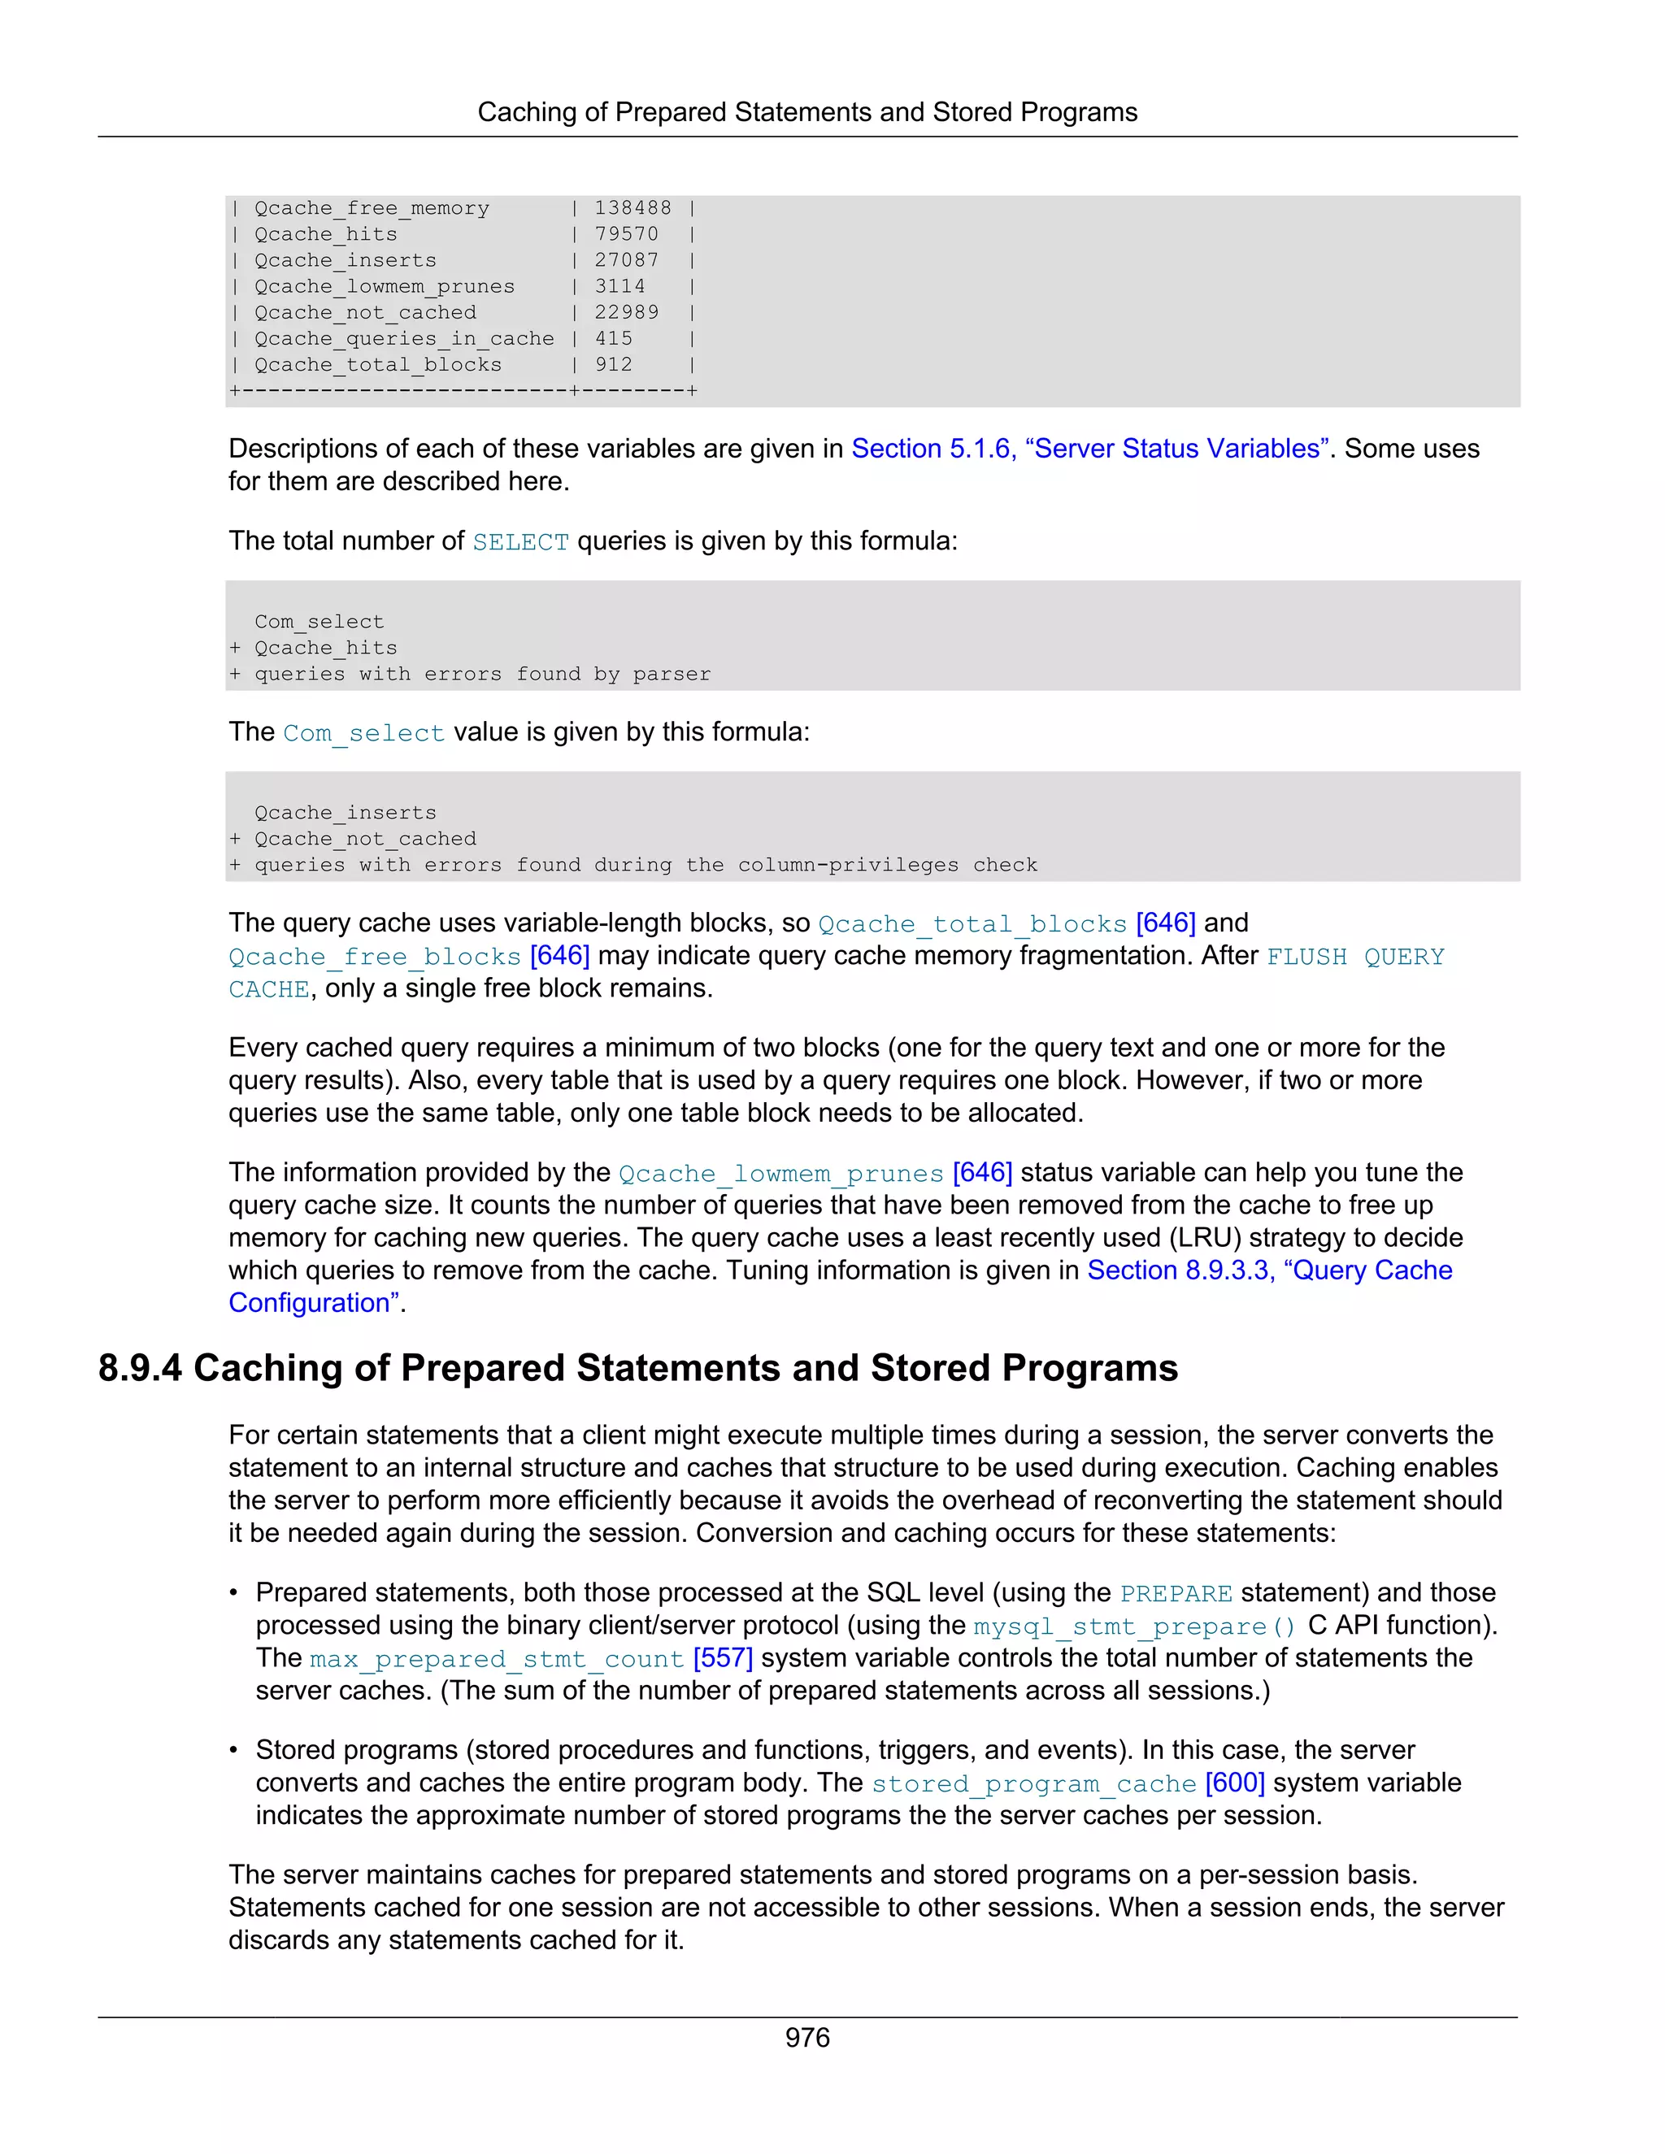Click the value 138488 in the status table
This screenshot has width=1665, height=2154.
point(633,208)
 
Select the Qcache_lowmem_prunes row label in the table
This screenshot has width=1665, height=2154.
point(384,286)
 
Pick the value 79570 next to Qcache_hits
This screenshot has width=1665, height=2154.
point(625,234)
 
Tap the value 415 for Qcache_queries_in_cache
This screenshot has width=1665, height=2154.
point(614,338)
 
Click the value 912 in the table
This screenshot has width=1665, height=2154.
point(614,365)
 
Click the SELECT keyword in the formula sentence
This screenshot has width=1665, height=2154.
point(519,542)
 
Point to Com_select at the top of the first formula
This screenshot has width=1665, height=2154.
point(319,621)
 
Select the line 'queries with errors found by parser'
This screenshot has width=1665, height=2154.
point(482,674)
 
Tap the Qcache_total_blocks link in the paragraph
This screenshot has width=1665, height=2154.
point(972,924)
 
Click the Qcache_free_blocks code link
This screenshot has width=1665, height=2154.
point(374,957)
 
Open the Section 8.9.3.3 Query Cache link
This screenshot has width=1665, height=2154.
point(1268,1270)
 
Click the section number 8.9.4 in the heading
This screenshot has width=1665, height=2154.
point(139,1369)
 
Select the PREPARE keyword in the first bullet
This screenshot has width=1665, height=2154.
point(1176,1594)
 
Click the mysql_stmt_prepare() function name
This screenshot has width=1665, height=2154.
point(1134,1626)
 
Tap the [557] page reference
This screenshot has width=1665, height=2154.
point(722,1658)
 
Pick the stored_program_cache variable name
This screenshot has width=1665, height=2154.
point(1034,1784)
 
